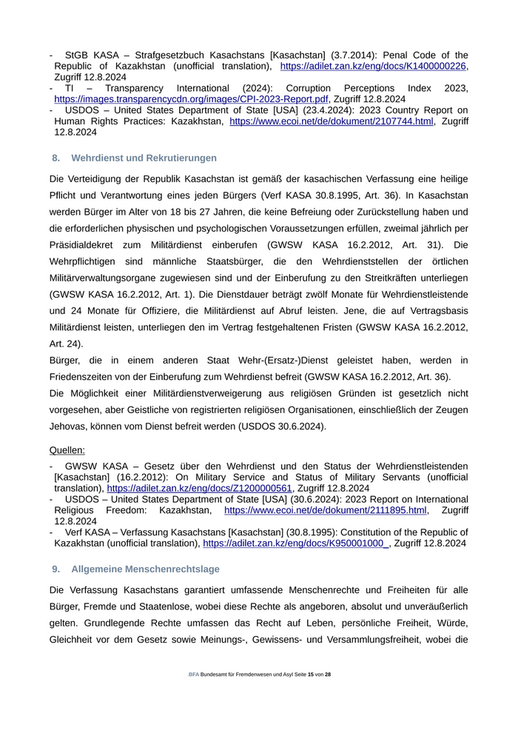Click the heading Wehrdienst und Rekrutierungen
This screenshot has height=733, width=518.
click(144, 158)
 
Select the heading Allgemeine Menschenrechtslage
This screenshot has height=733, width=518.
click(145, 569)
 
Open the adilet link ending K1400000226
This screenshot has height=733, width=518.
click(374, 66)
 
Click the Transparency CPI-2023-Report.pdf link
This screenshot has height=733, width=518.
click(191, 98)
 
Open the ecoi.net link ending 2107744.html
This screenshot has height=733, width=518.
click(332, 121)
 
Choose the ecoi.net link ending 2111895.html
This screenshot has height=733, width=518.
click(326, 510)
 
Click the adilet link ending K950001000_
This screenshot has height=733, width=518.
click(296, 543)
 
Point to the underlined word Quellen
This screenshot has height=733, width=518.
click(67, 449)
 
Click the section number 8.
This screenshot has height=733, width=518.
click(55, 158)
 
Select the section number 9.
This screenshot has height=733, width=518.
click(55, 569)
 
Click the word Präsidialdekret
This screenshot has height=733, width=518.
click(84, 244)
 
